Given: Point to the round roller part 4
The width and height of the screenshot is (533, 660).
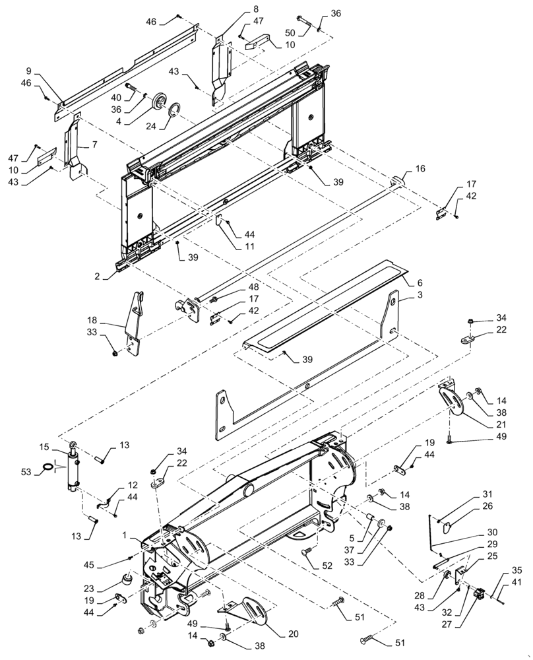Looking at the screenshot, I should point(159,104).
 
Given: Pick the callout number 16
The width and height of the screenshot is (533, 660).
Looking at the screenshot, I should point(421,170).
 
